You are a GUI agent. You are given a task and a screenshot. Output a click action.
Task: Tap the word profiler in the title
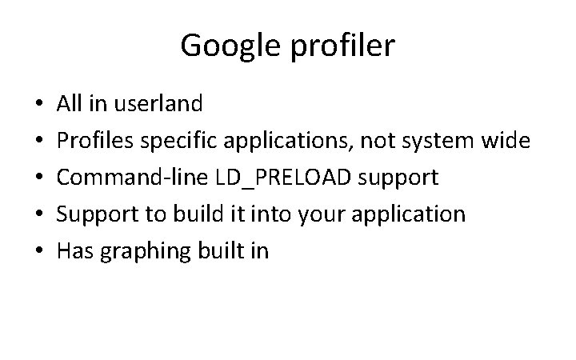click(x=343, y=46)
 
